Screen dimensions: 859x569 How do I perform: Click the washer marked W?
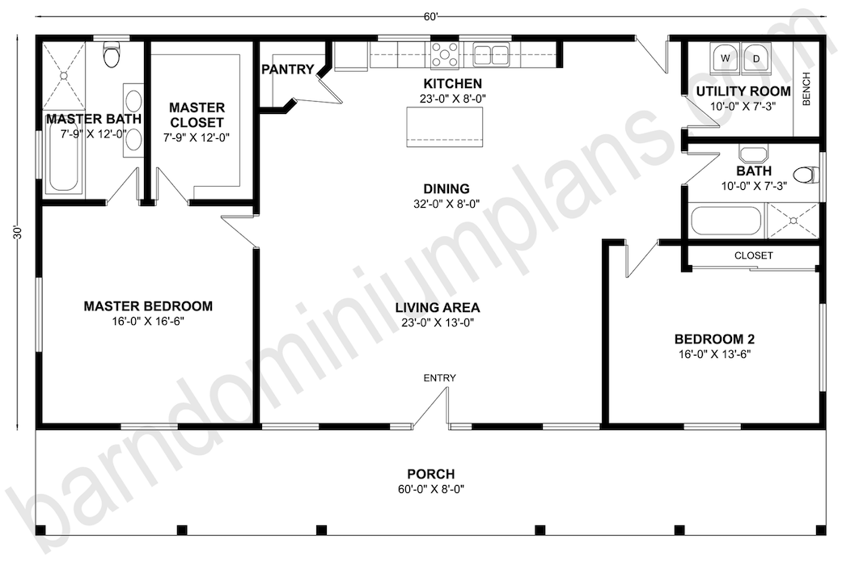[726, 58]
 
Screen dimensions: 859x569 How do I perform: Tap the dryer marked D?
[756, 58]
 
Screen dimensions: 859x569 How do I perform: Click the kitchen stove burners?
[444, 55]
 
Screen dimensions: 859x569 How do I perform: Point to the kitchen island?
[445, 127]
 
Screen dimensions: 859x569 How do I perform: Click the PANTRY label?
[288, 70]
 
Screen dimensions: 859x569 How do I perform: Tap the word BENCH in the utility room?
[806, 89]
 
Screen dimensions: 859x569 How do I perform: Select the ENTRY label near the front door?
[439, 378]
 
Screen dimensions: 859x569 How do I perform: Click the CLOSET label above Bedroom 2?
[754, 255]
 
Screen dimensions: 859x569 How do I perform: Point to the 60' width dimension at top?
[430, 17]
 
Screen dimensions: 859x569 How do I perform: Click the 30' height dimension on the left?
[18, 232]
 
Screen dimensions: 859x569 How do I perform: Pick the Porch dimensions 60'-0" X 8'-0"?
[431, 489]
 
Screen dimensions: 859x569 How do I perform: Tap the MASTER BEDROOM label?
[148, 306]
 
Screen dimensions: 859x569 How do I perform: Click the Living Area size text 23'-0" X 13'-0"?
[438, 322]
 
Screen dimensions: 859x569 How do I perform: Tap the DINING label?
[446, 189]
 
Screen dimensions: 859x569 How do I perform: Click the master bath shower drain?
[64, 75]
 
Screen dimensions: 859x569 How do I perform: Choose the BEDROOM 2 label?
[714, 339]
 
